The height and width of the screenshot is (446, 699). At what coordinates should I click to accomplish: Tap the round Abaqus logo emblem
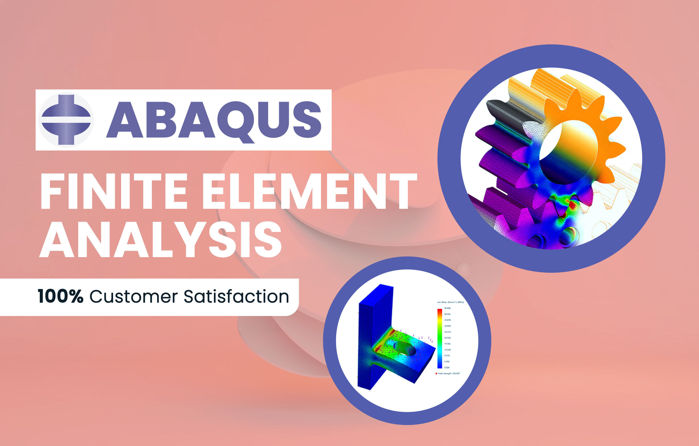pyautogui.click(x=66, y=120)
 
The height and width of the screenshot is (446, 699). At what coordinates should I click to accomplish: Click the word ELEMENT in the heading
pyautogui.click(x=309, y=191)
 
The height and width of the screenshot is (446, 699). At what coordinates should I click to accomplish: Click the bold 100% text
pyautogui.click(x=60, y=297)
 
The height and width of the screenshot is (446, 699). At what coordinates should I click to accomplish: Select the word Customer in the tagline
pyautogui.click(x=134, y=297)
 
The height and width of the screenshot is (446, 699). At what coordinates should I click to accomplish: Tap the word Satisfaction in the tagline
pyautogui.click(x=236, y=297)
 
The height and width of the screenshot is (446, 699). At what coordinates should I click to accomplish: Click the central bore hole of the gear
pyautogui.click(x=568, y=153)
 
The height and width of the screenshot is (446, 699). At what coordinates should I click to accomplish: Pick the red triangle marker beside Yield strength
pyautogui.click(x=436, y=374)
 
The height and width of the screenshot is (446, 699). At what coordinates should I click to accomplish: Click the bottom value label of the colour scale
pyautogui.click(x=447, y=368)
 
